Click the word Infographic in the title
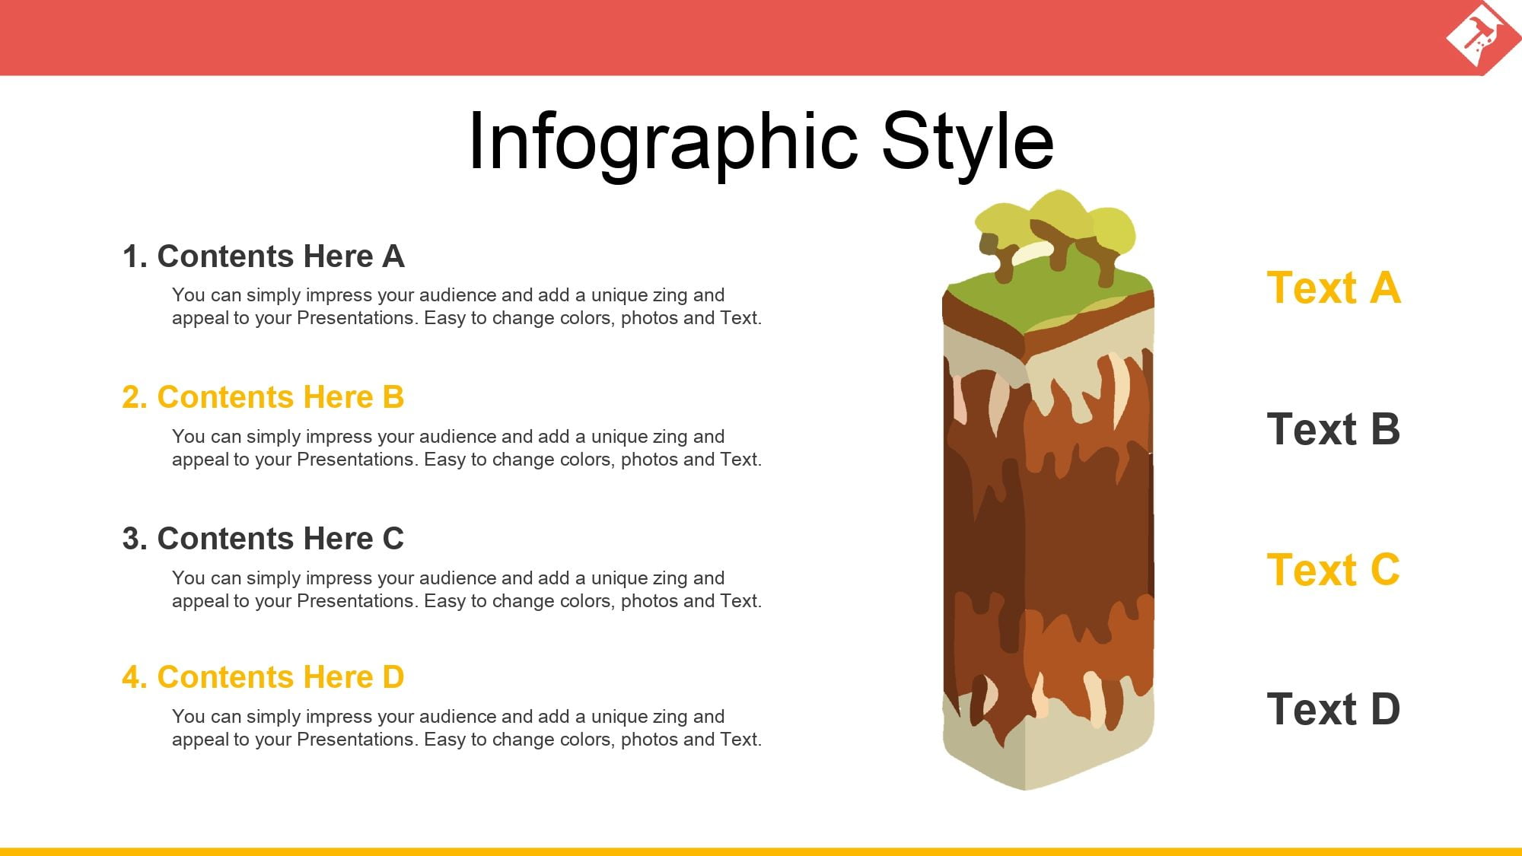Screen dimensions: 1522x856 tap(664, 143)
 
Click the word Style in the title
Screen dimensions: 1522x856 tap(968, 143)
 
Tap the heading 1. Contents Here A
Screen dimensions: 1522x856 tap(263, 256)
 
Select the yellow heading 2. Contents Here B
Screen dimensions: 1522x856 tap(263, 397)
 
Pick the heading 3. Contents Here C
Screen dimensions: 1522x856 tap(263, 539)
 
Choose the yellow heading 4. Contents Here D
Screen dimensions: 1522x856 tap(263, 677)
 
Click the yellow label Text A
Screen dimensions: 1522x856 tap(1333, 288)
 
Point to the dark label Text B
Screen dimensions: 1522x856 tap(1333, 429)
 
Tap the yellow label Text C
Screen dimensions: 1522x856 tap(1333, 570)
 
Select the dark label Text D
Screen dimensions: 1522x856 tap(1333, 709)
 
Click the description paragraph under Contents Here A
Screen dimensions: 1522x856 tap(466, 307)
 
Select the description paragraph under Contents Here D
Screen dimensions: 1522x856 tap(466, 728)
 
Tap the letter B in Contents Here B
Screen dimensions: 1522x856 tap(393, 397)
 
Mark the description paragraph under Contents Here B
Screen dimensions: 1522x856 tap(466, 448)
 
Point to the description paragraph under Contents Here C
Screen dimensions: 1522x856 tap(466, 590)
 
